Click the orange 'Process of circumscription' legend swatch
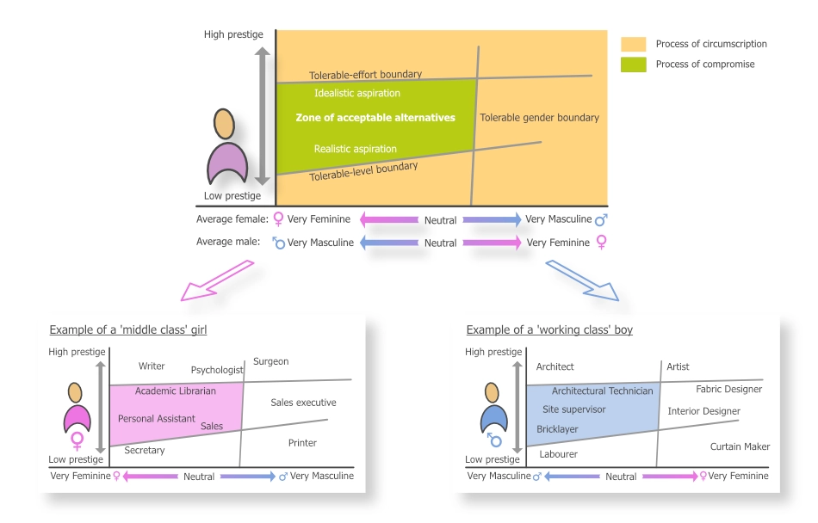click(x=634, y=44)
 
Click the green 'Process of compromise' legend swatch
click(x=634, y=65)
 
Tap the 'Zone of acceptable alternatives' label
click(x=375, y=118)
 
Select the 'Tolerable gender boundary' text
click(x=539, y=118)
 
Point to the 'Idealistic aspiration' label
click(x=356, y=93)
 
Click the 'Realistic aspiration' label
click(x=355, y=149)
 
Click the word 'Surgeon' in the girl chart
click(x=270, y=362)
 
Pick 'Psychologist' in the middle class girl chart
click(x=217, y=370)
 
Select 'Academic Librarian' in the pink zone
click(x=175, y=391)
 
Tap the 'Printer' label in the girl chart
click(x=302, y=443)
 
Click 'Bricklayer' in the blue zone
click(x=557, y=429)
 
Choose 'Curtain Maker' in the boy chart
click(x=740, y=446)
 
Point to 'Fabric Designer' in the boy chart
click(x=728, y=390)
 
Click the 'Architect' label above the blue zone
click(x=555, y=367)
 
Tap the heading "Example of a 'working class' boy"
click(x=549, y=330)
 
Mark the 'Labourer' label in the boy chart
click(x=558, y=453)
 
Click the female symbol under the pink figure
click(x=77, y=441)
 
